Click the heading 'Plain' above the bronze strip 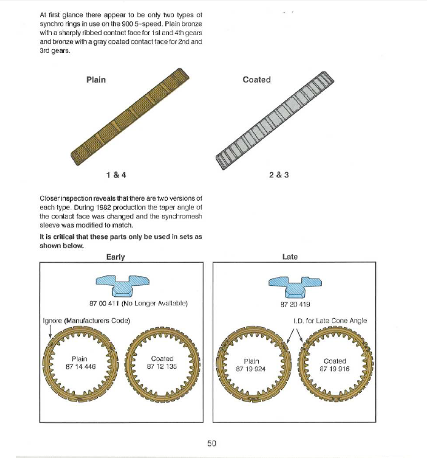tap(96, 79)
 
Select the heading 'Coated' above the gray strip tap(256, 79)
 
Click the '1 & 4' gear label tap(116, 175)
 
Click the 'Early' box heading tap(116, 257)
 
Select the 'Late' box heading tap(290, 257)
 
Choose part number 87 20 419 tap(295, 304)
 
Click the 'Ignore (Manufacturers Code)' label tap(86, 320)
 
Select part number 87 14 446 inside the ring tap(79, 366)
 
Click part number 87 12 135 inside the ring tap(162, 366)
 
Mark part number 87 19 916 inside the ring tap(335, 369)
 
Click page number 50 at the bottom tap(211, 443)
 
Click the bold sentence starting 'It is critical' tap(120, 241)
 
